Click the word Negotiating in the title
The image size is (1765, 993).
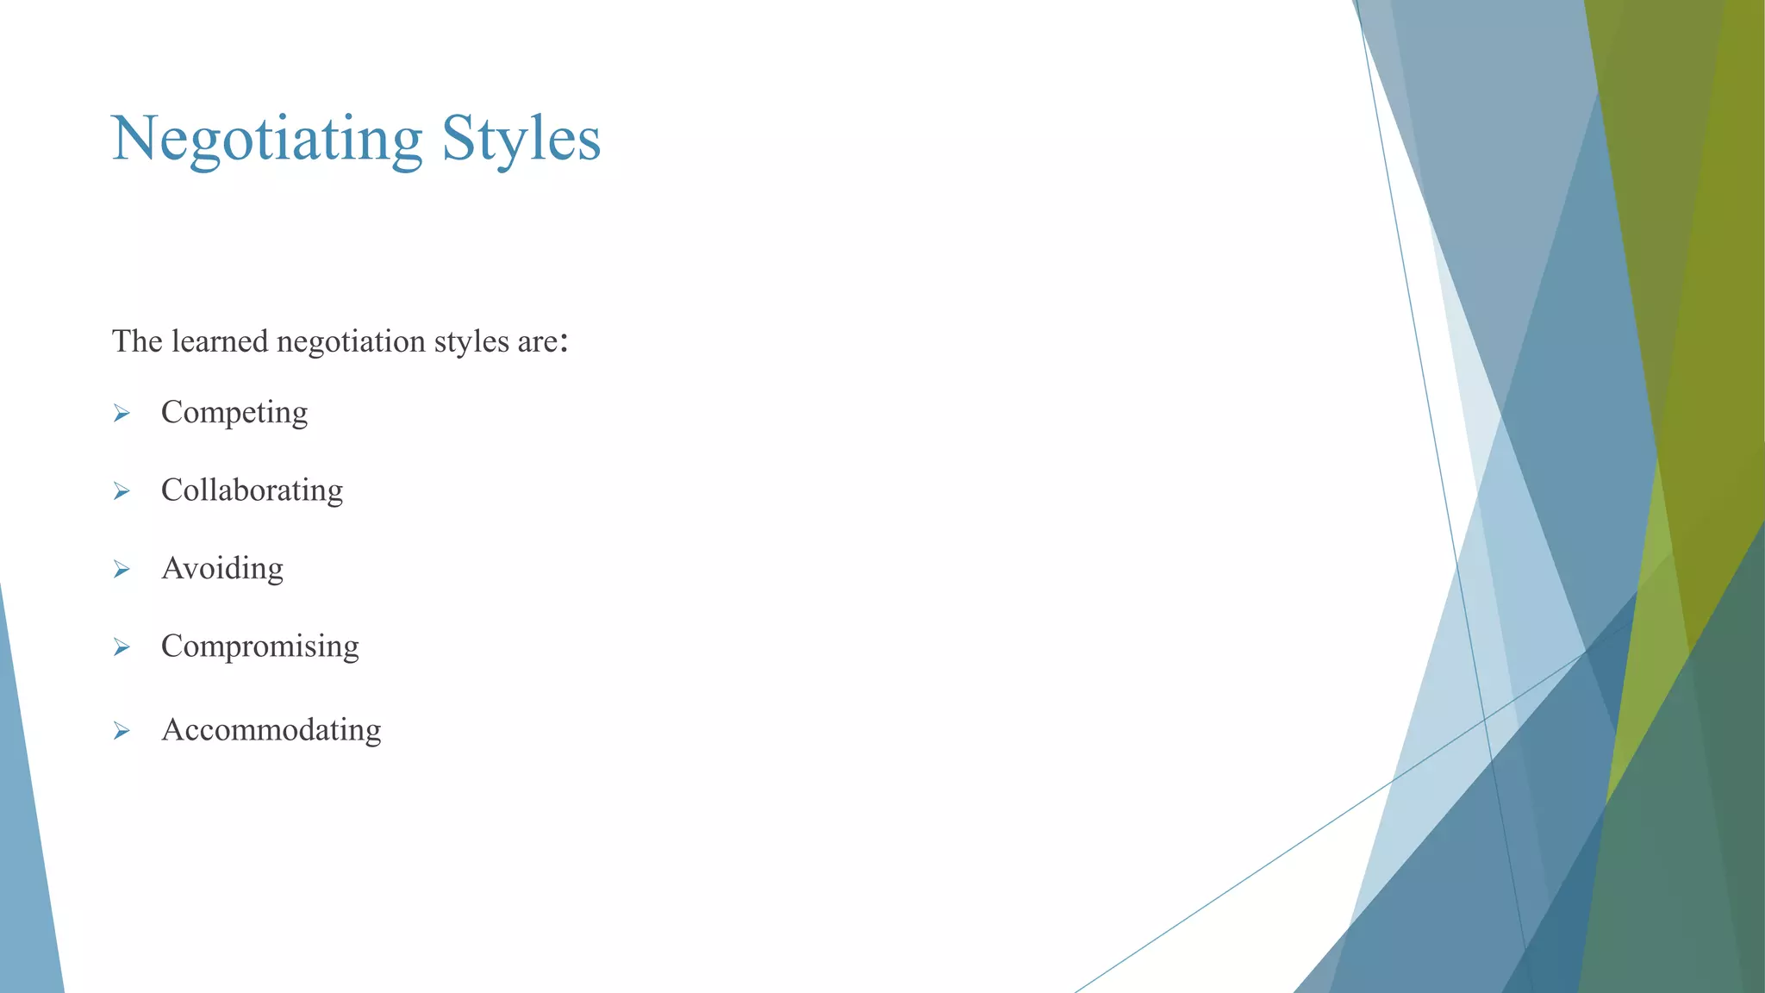click(x=266, y=140)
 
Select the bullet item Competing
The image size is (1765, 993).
click(x=234, y=413)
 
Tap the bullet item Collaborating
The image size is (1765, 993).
click(x=252, y=490)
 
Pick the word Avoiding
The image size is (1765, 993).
click(x=222, y=569)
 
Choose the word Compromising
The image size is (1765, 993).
click(x=259, y=646)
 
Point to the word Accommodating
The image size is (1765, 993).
click(x=271, y=730)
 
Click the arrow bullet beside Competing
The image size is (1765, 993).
click(x=122, y=414)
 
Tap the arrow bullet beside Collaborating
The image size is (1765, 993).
click(x=122, y=491)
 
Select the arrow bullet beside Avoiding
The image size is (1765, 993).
click(x=122, y=569)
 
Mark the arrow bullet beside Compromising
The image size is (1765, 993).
click(x=122, y=646)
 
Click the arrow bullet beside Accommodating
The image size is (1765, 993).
click(x=122, y=731)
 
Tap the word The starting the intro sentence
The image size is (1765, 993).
click(x=137, y=341)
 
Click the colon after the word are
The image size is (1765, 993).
click(x=564, y=343)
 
